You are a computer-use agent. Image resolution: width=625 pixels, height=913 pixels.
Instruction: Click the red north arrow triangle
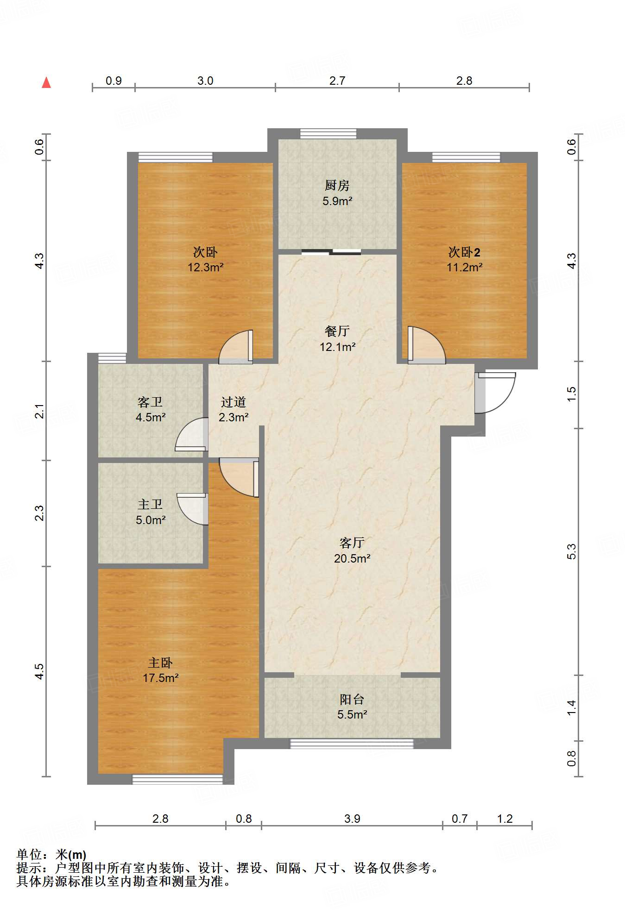[x=46, y=82]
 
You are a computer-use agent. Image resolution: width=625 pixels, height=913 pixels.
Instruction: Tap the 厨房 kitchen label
[x=337, y=186]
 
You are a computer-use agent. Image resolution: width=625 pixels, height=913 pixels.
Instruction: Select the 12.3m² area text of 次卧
[x=206, y=267]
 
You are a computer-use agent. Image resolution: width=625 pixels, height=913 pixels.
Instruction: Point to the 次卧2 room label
[x=464, y=252]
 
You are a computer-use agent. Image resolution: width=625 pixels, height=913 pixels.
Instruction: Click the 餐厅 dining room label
[x=337, y=331]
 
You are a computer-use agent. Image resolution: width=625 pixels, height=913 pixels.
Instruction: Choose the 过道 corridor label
[x=233, y=402]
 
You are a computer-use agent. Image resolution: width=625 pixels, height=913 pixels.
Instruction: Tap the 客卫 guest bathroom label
[x=150, y=402]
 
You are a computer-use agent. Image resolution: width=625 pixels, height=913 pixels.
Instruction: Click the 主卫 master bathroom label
[x=150, y=504]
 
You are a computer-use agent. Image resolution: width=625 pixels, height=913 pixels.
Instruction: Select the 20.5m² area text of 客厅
[x=352, y=558]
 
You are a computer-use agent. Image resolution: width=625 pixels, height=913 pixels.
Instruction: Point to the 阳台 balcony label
[x=352, y=699]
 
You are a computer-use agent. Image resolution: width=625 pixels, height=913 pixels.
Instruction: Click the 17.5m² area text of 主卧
[x=161, y=678]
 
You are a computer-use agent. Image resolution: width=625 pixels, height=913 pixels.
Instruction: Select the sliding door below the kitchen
[x=331, y=252]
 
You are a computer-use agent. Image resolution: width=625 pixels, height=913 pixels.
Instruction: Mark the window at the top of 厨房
[x=328, y=134]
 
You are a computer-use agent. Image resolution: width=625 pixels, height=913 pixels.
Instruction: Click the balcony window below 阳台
[x=352, y=744]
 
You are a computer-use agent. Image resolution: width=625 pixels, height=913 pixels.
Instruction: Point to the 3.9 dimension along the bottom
[x=352, y=819]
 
